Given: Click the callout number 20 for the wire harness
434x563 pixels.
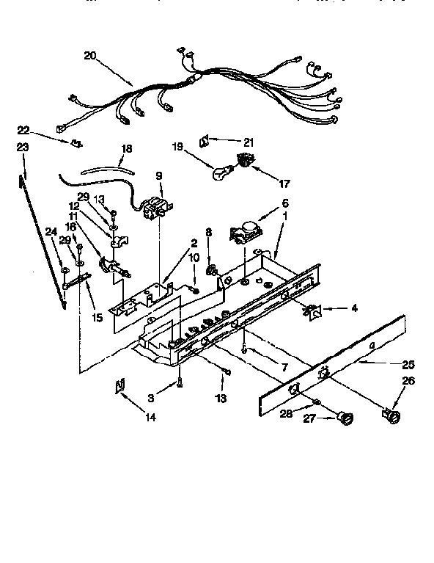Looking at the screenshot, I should [x=90, y=55].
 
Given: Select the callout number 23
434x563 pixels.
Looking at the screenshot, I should [x=23, y=147].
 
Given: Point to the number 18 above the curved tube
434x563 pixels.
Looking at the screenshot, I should [x=126, y=148].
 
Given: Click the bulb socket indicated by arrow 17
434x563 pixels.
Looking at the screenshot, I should [x=243, y=159].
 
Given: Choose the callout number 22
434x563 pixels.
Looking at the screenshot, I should [x=23, y=129].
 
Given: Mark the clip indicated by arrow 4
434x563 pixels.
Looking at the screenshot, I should [x=313, y=312].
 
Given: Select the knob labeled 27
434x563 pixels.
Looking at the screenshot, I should [x=344, y=421].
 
